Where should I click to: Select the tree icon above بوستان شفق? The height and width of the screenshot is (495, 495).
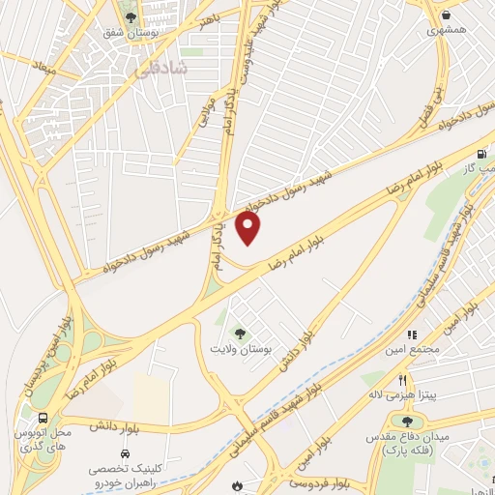click(x=131, y=17)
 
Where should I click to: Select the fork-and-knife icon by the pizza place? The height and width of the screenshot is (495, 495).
click(x=403, y=379)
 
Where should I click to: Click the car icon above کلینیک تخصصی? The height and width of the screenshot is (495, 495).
click(x=125, y=452)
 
